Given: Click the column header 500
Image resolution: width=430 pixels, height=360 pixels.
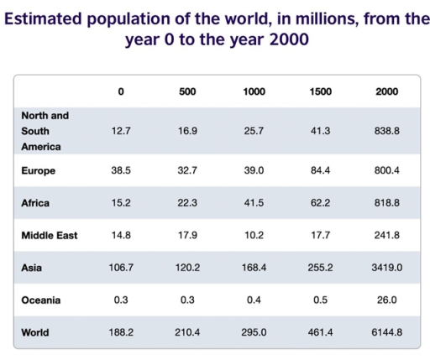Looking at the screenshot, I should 187,91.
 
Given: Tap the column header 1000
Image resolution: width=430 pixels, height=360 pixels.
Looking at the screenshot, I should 254,91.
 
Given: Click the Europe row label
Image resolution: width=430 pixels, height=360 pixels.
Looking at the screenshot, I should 39,170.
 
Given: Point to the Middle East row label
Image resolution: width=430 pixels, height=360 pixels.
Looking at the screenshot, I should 50,235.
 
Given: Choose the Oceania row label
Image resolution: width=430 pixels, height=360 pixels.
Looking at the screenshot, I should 42,300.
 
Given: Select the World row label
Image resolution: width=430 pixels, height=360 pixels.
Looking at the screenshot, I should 35,332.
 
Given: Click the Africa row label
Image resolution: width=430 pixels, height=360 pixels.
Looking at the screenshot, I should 36,203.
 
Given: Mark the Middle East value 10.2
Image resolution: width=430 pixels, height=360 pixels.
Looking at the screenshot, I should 254,235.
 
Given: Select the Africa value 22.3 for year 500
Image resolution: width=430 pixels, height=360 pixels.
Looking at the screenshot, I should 187,203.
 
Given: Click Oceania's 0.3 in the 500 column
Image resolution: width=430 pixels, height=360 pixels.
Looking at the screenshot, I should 187,300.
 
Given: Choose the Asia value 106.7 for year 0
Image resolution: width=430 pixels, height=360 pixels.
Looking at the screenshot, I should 122,268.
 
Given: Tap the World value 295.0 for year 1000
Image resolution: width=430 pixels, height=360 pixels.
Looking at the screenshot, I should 254,332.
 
